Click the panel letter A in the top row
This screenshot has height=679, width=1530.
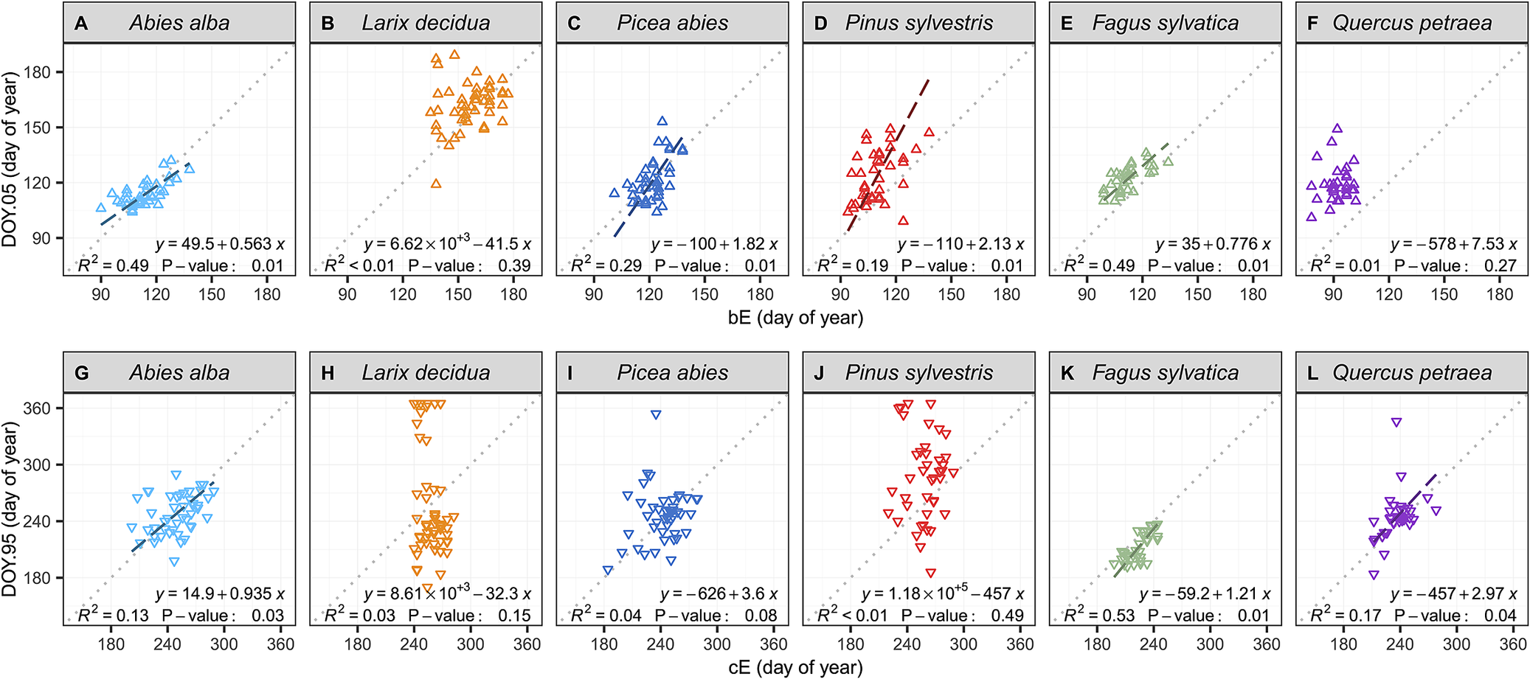tap(81, 24)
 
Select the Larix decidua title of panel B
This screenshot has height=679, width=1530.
tap(426, 24)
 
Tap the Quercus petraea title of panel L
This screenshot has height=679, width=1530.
tap(1411, 373)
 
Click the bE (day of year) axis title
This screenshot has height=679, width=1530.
tap(795, 318)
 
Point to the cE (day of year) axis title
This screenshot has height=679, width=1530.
tap(795, 667)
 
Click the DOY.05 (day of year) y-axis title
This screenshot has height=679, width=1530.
tap(10, 159)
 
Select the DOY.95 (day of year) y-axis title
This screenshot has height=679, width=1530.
tap(10, 509)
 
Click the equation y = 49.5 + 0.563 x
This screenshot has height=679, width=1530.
tap(220, 245)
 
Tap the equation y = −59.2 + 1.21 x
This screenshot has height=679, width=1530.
tap(1205, 594)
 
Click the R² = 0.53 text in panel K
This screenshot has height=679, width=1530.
tap(1099, 616)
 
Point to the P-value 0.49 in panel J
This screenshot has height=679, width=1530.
tap(1007, 616)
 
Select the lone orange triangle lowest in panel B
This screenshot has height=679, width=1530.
tap(436, 184)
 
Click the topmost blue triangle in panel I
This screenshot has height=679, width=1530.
tap(655, 415)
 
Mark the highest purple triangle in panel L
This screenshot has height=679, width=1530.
tap(1396, 422)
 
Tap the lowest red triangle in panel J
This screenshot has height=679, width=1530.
tap(931, 573)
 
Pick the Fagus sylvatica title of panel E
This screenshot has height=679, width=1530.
tap(1165, 24)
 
